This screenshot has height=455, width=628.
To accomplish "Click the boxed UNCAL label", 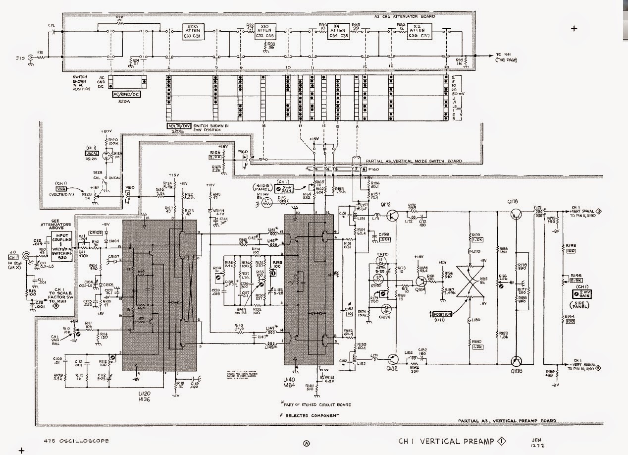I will click(x=92, y=155).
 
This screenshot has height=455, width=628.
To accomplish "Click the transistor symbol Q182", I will click(x=394, y=358).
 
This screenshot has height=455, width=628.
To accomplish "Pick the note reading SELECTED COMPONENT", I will click(x=314, y=415).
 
